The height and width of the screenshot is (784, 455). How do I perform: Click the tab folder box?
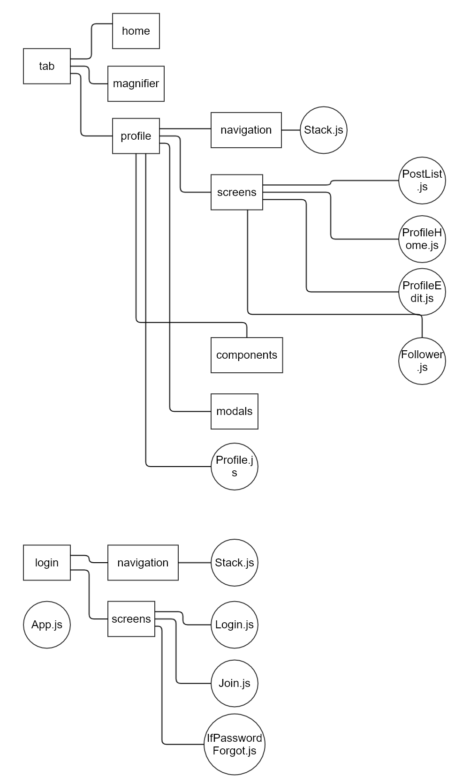click(x=47, y=66)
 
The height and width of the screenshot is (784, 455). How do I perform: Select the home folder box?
click(x=136, y=31)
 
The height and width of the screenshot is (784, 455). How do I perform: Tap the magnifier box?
click(x=136, y=83)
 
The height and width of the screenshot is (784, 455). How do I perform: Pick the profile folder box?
click(x=136, y=136)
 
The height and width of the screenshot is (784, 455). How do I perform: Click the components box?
click(x=247, y=355)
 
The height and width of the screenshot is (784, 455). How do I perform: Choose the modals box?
click(x=235, y=411)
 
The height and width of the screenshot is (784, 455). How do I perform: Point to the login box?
click(x=47, y=563)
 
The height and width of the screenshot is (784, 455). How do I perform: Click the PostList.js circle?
click(x=422, y=180)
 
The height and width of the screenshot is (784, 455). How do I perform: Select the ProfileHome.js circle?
click(x=422, y=239)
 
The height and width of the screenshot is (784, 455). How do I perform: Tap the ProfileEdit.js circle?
click(x=422, y=292)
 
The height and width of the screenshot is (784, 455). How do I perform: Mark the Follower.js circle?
click(x=422, y=361)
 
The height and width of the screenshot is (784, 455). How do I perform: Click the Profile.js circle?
click(x=235, y=467)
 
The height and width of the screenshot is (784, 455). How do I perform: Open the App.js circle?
click(x=47, y=625)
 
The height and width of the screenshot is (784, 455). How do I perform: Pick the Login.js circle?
click(x=235, y=625)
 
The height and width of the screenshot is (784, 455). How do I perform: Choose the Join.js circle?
click(x=235, y=683)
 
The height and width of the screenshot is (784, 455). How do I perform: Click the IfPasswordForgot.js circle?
click(x=235, y=744)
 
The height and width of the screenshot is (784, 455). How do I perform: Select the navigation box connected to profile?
click(x=246, y=130)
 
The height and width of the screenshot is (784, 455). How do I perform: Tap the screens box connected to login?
click(x=131, y=619)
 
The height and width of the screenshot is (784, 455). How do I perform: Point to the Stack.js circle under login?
click(x=235, y=563)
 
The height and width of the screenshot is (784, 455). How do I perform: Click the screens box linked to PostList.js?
click(x=236, y=192)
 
